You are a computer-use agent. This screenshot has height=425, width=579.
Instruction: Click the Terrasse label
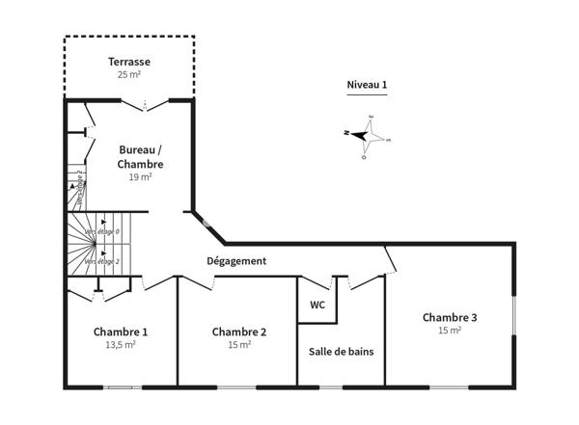[128, 62]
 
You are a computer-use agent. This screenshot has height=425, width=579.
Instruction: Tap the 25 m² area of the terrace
[128, 74]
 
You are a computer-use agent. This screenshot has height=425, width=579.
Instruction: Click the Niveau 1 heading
[367, 85]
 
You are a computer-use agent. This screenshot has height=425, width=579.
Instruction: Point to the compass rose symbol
[367, 135]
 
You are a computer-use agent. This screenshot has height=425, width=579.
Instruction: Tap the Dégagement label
[236, 261]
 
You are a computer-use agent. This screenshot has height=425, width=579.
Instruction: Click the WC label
[317, 305]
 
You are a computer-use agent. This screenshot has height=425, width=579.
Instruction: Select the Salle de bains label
[341, 352]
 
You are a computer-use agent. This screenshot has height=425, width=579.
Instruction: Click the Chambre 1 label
[121, 332]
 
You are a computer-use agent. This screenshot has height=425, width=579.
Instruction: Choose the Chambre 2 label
[239, 332]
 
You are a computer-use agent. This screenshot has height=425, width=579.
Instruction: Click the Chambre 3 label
[450, 317]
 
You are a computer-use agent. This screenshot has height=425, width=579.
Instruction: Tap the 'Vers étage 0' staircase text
[102, 232]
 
